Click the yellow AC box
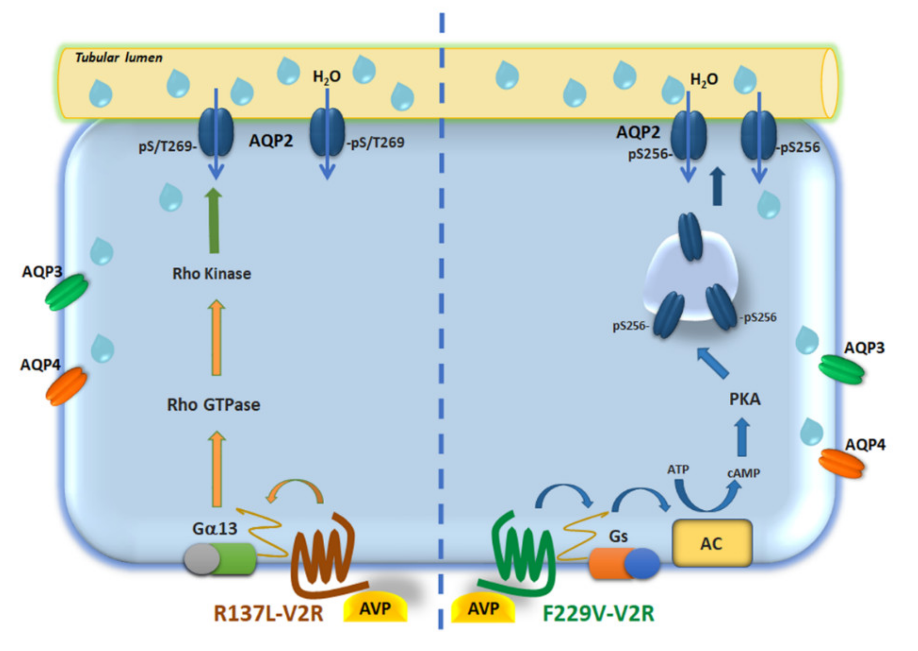[x=711, y=543]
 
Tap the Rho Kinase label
[x=211, y=274]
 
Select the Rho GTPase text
[x=213, y=405]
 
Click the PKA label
[x=744, y=399]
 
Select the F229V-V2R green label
[x=598, y=613]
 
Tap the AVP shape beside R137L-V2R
[x=375, y=608]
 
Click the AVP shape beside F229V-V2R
[x=483, y=608]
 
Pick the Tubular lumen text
[x=119, y=58]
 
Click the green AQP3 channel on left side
[x=66, y=292]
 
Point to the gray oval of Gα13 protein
[x=201, y=559]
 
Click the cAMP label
[x=743, y=473]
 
